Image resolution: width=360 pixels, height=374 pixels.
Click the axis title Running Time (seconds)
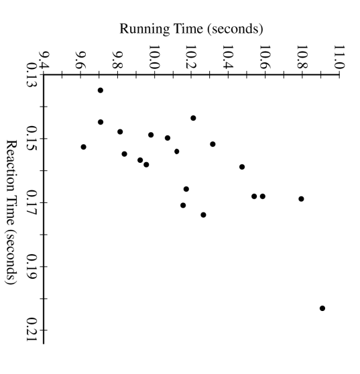[190, 29]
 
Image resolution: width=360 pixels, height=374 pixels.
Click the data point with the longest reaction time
[322, 308]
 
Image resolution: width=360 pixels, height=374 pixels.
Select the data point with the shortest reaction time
[101, 90]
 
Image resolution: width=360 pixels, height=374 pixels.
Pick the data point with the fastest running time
[84, 147]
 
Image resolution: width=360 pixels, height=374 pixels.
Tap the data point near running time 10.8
[302, 198]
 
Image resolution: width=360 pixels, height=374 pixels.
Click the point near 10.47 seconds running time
[242, 167]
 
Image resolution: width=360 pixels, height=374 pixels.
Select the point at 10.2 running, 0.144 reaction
[193, 118]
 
